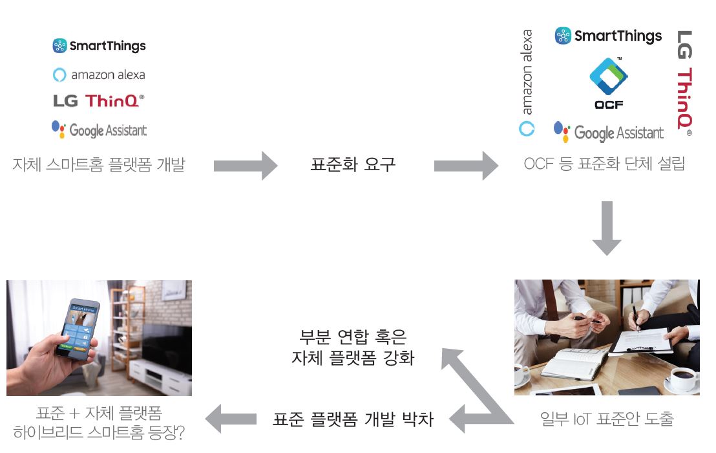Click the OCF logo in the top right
tap(609, 83)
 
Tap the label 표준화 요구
tap(353, 165)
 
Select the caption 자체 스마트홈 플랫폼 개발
tap(99, 165)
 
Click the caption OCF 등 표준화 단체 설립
tap(604, 164)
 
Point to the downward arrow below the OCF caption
tap(607, 228)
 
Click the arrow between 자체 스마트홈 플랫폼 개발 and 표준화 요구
tap(245, 166)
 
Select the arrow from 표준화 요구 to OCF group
tap(465, 166)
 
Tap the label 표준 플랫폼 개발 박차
tap(353, 419)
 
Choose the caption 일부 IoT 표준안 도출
tap(607, 419)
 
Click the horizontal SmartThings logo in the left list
tap(99, 46)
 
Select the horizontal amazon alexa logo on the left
tap(99, 74)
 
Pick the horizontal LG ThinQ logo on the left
tap(99, 101)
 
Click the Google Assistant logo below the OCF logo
tap(609, 132)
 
